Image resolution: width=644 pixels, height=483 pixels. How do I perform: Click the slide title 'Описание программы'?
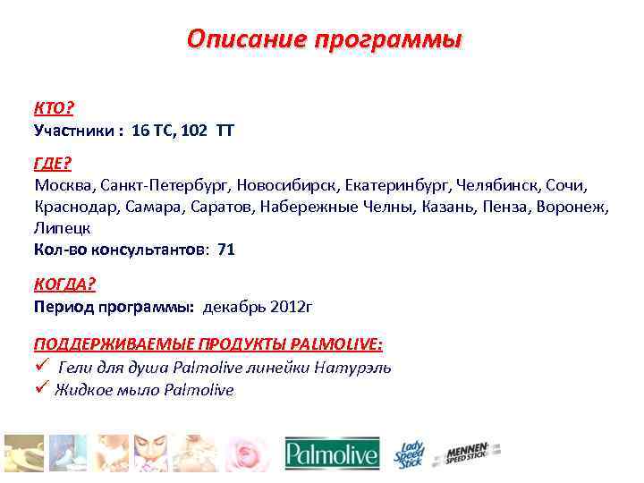pyautogui.click(x=325, y=40)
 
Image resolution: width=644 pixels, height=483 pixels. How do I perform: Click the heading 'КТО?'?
pyautogui.click(x=54, y=108)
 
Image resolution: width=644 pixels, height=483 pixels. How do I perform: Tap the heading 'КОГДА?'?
pyautogui.click(x=64, y=284)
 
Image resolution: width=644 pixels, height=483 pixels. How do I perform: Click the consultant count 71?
pyautogui.click(x=226, y=250)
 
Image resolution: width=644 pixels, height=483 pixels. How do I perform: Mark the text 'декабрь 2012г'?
pyautogui.click(x=258, y=307)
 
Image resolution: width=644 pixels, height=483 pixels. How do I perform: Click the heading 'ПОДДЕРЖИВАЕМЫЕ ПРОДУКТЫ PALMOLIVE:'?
pyautogui.click(x=208, y=345)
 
